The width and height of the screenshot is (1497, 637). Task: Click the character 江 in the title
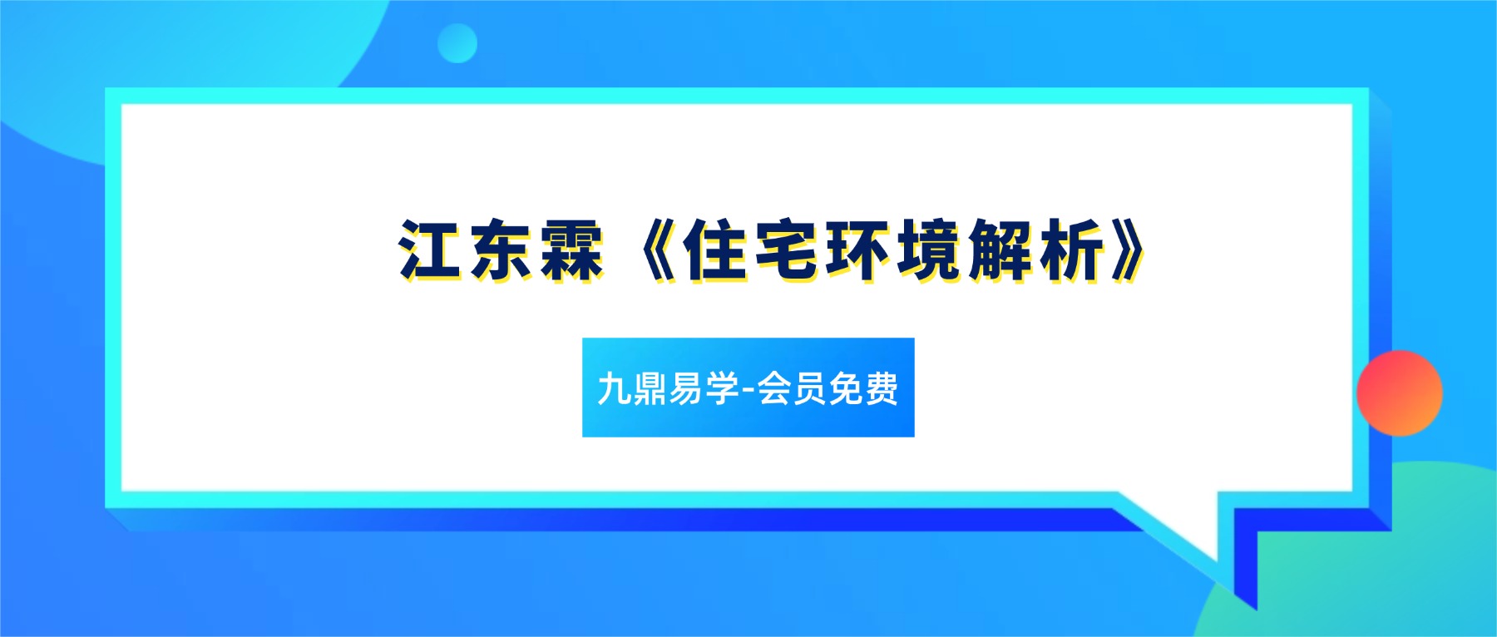pyautogui.click(x=430, y=249)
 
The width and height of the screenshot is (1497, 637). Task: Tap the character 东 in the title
pyautogui.click(x=501, y=249)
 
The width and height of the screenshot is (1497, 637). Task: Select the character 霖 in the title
pyautogui.click(x=571, y=249)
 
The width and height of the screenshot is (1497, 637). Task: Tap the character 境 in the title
pyautogui.click(x=928, y=249)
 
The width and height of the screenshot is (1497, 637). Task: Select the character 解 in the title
pyautogui.click(x=1000, y=249)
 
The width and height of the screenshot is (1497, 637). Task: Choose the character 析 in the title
pyautogui.click(x=1071, y=249)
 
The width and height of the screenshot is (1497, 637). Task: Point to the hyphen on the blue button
pyautogui.click(x=747, y=389)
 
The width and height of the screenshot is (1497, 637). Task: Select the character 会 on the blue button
pyautogui.click(x=774, y=388)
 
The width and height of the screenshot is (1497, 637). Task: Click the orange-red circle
pyautogui.click(x=1399, y=393)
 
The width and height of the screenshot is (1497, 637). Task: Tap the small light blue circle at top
pyautogui.click(x=457, y=43)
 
